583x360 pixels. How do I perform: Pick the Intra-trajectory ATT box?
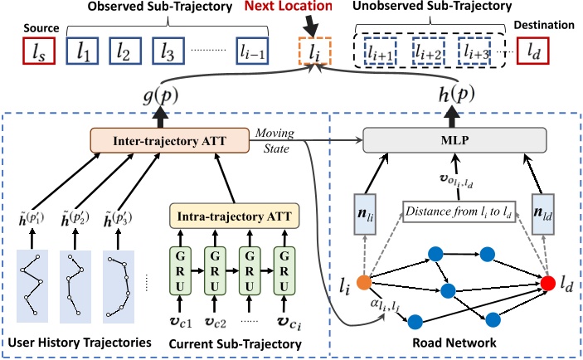click(234, 216)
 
